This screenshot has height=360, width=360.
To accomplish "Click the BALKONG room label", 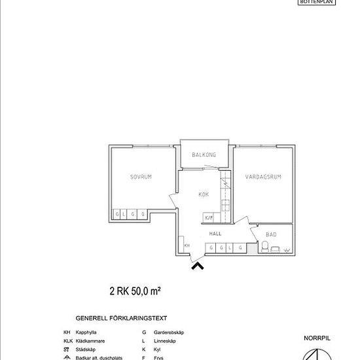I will coord(204,155).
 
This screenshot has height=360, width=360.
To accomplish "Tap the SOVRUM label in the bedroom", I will coord(141,177).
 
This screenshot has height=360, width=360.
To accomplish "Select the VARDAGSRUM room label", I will coord(262,177).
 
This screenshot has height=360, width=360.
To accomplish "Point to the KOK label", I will coord(204,194).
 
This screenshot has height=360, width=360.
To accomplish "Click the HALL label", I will coord(215,233).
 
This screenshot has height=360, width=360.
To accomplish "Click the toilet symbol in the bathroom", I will coord(266,247).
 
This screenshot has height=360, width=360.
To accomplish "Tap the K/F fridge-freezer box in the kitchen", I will coord(209,217).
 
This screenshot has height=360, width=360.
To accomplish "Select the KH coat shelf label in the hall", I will coord(187,245).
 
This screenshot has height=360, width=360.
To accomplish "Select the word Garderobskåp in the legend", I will coord(168,333).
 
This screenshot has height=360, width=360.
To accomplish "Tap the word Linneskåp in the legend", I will coord(164,342).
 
